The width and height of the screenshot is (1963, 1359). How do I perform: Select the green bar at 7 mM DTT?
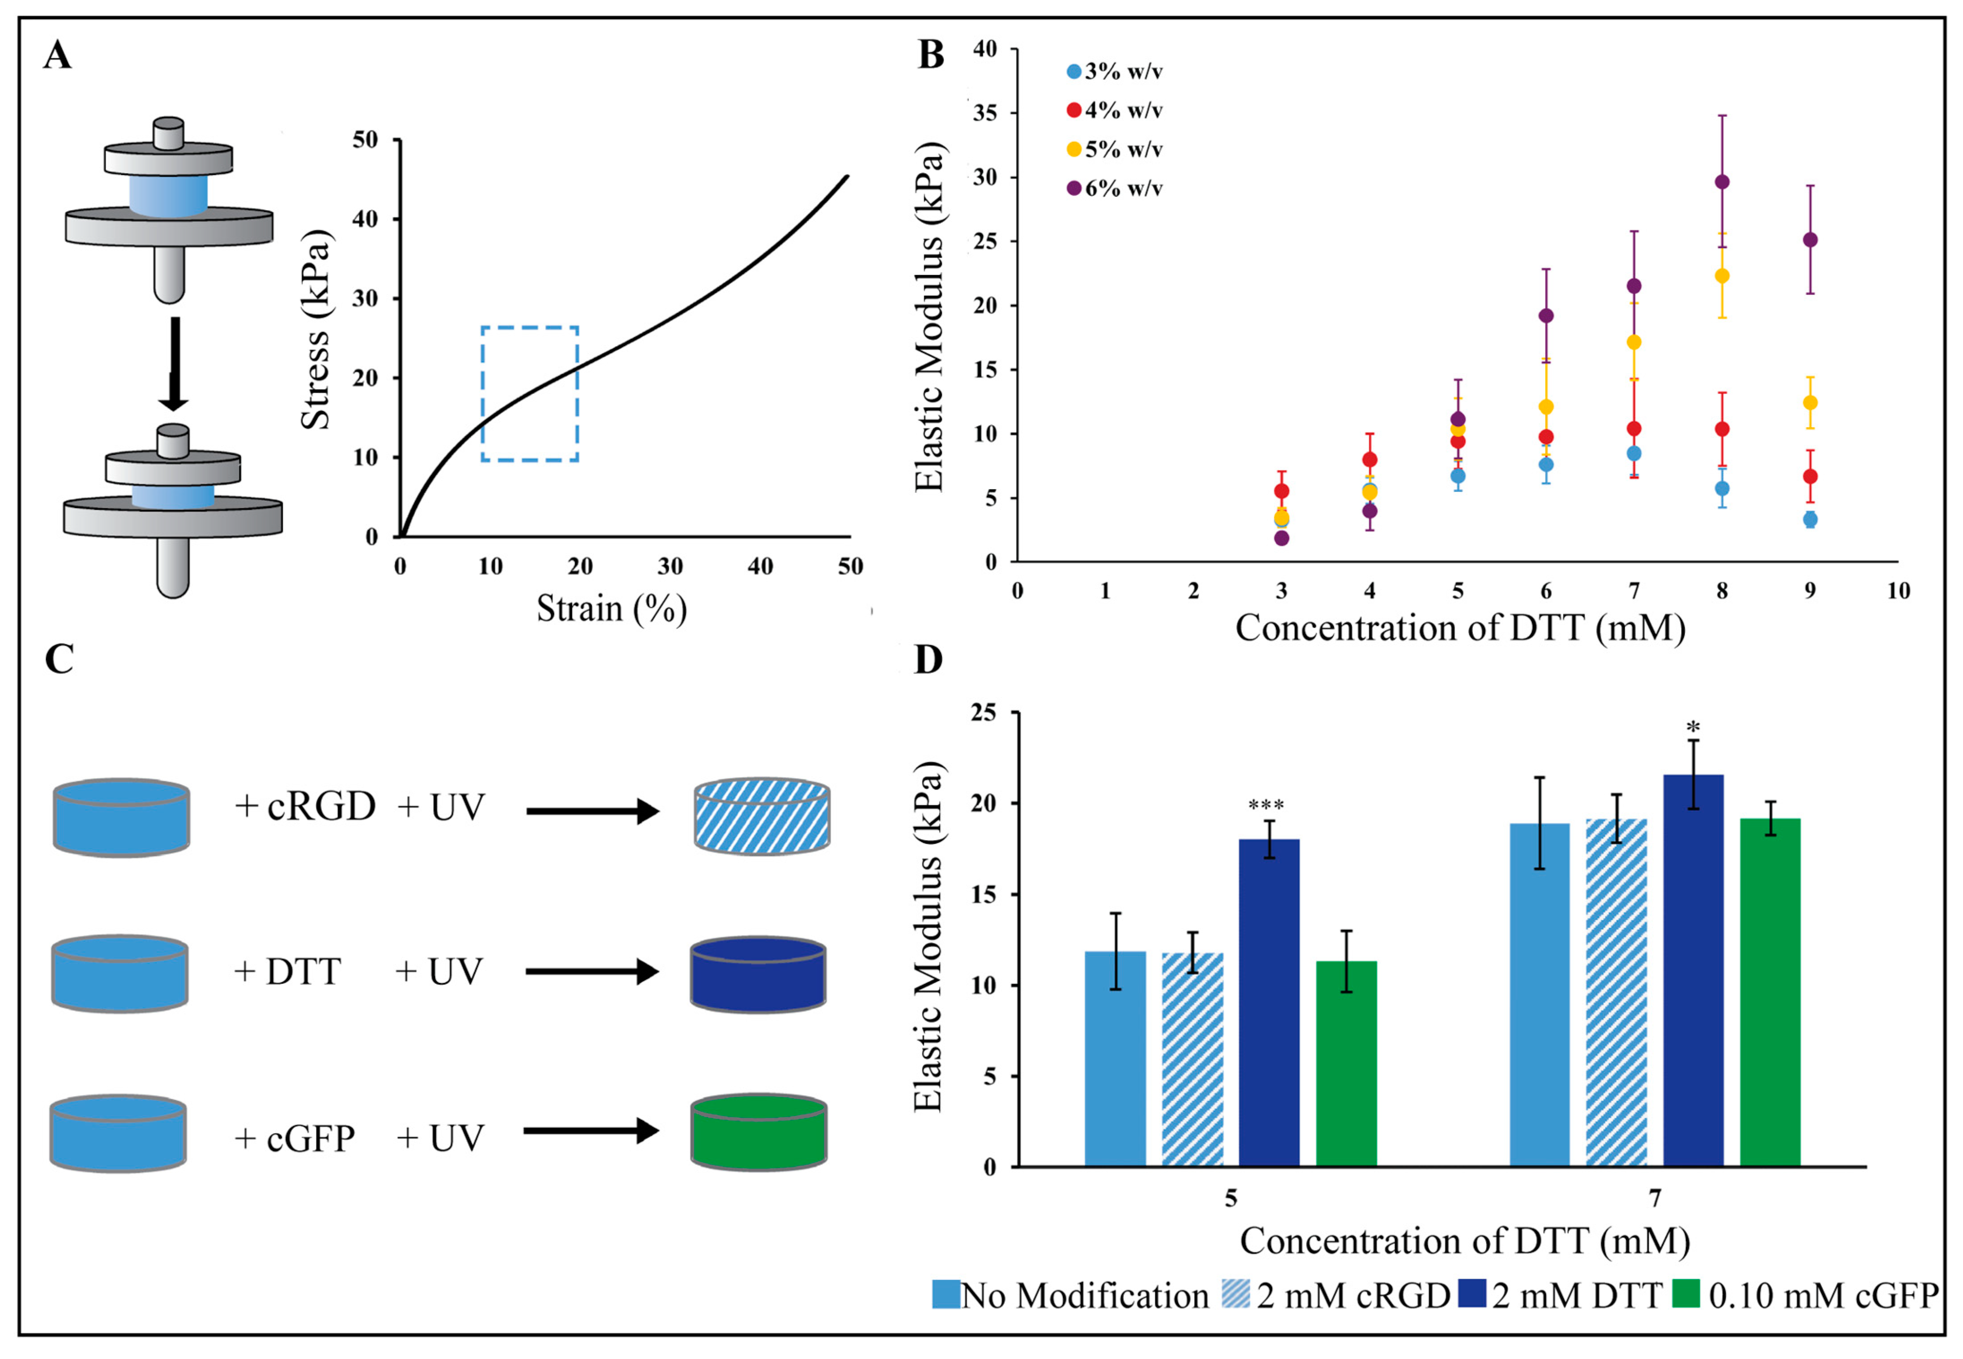[1770, 992]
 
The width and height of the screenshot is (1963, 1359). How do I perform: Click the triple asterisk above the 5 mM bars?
[1266, 804]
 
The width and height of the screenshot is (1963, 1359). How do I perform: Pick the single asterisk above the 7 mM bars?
[1693, 728]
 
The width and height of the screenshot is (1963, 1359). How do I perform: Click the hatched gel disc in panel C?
[762, 816]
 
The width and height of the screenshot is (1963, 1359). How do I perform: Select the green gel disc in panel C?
[758, 1132]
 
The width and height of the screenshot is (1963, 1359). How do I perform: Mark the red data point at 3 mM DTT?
[1281, 491]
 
